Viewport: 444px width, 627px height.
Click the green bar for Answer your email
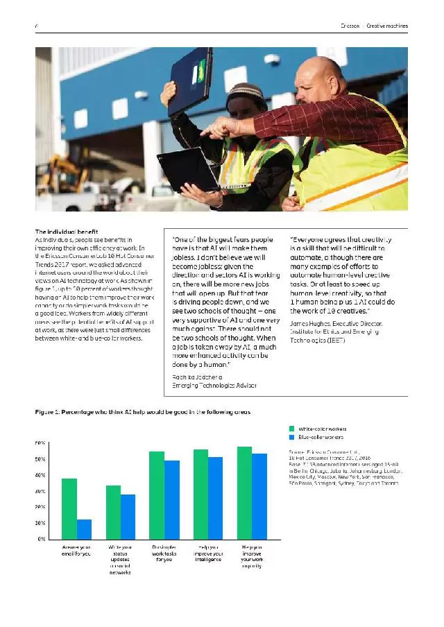[69, 508]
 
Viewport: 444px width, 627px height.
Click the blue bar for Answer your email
[84, 529]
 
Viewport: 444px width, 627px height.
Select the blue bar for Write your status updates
[128, 516]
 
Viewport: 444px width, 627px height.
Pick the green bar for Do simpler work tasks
[157, 495]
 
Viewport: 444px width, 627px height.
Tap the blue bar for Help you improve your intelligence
[215, 497]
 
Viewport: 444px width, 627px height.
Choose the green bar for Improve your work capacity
[244, 492]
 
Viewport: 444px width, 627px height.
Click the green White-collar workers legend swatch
[292, 429]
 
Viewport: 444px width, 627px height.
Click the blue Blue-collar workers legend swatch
[292, 438]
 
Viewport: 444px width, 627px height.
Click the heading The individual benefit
[67, 232]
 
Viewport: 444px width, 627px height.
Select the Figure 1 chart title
[143, 412]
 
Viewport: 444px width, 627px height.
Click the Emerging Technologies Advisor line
[214, 385]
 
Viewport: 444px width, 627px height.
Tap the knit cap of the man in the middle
[246, 90]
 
